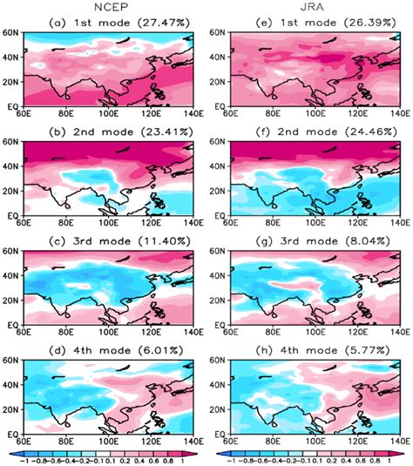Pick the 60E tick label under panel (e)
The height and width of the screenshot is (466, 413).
[x=225, y=115]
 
